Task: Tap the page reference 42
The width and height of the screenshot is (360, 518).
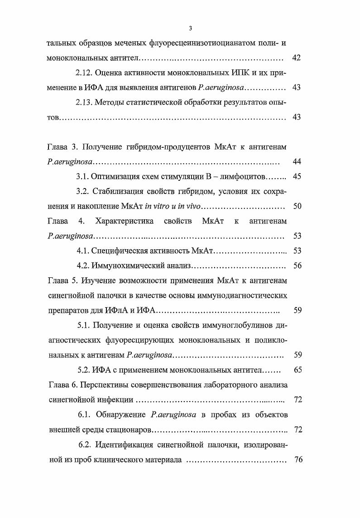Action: coord(297,58)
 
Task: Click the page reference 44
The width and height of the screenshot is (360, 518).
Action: coord(298,162)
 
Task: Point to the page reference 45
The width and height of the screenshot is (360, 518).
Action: coord(298,176)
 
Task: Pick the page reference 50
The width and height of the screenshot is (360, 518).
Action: coord(298,206)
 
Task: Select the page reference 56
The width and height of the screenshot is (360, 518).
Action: coord(298,266)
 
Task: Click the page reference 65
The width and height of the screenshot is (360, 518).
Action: coord(298,370)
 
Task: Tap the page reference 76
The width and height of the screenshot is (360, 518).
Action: coord(298,459)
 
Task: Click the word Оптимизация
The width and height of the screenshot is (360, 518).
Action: coord(117,176)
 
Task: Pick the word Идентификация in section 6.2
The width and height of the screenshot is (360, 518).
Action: coord(123,444)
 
